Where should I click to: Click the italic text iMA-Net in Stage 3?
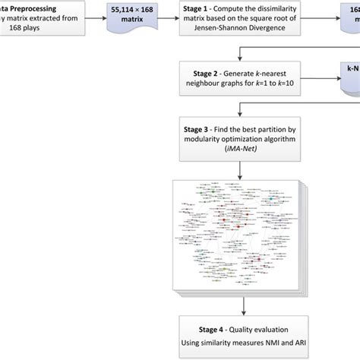click(x=242, y=152)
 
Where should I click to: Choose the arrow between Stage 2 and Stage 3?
click(x=242, y=106)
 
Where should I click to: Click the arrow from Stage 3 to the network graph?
click(x=242, y=170)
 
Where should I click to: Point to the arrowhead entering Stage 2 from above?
click(x=242, y=63)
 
